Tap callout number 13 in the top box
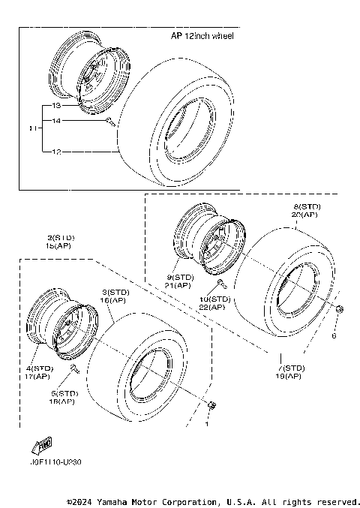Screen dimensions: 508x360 [55, 107]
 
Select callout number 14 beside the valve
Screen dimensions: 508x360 [55, 121]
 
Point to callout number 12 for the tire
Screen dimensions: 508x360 [55, 152]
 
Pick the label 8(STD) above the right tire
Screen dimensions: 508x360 [306, 206]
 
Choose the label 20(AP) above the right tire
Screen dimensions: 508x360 [306, 214]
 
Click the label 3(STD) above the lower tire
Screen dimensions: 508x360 [116, 291]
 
